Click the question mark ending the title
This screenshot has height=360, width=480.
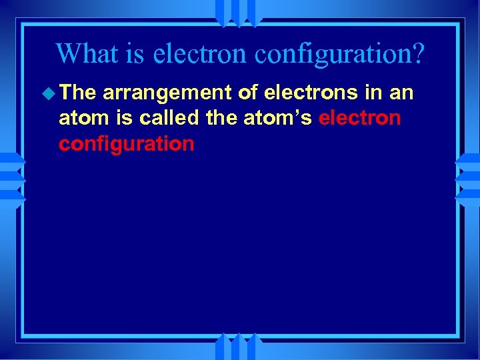click(x=417, y=53)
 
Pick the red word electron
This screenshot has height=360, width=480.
click(x=360, y=119)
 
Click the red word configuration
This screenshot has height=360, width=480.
click(x=127, y=144)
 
